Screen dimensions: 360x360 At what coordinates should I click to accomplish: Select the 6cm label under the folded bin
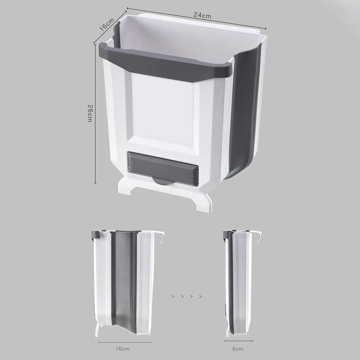pyautogui.click(x=238, y=349)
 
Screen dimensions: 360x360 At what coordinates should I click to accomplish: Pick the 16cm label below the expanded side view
pyautogui.click(x=123, y=349)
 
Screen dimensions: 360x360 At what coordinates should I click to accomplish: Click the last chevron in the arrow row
pyautogui.click(x=200, y=296)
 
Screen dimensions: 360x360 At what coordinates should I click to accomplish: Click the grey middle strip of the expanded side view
pyautogui.click(x=123, y=282)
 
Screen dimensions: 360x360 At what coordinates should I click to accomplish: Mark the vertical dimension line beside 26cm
pyautogui.click(x=95, y=113)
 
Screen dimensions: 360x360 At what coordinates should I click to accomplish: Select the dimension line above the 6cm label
pyautogui.click(x=238, y=341)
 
